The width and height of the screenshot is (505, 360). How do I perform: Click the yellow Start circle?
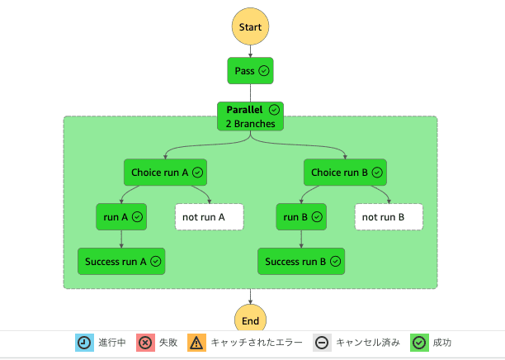pyautogui.click(x=250, y=27)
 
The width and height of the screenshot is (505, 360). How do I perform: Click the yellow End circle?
pyautogui.click(x=250, y=320)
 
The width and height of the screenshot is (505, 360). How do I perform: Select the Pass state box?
pyautogui.click(x=250, y=71)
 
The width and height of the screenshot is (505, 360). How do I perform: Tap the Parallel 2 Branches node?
pyautogui.click(x=250, y=116)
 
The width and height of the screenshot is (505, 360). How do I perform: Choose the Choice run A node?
pyautogui.click(x=165, y=173)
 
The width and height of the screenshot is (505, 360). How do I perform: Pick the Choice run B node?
pyautogui.click(x=345, y=173)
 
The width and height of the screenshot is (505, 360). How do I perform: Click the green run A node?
pyautogui.click(x=121, y=217)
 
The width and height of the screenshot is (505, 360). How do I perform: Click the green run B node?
pyautogui.click(x=301, y=217)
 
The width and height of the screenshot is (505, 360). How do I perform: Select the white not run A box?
pyautogui.click(x=210, y=217)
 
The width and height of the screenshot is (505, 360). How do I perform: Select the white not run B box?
pyautogui.click(x=389, y=217)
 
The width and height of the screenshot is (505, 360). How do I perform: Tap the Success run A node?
pyautogui.click(x=121, y=261)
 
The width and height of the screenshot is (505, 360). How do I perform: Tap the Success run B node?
pyautogui.click(x=301, y=261)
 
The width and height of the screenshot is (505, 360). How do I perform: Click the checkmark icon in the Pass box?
pyautogui.click(x=264, y=71)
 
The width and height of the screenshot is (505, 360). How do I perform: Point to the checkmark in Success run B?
pyautogui.click(x=333, y=261)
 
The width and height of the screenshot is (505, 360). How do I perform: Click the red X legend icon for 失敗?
pyautogui.click(x=145, y=343)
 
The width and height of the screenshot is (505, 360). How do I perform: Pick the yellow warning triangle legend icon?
pyautogui.click(x=197, y=343)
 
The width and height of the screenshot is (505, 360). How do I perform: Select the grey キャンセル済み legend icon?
pyautogui.click(x=323, y=343)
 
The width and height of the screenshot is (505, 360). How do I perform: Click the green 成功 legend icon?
pyautogui.click(x=419, y=343)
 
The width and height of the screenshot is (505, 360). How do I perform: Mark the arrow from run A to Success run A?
pyautogui.click(x=121, y=239)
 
